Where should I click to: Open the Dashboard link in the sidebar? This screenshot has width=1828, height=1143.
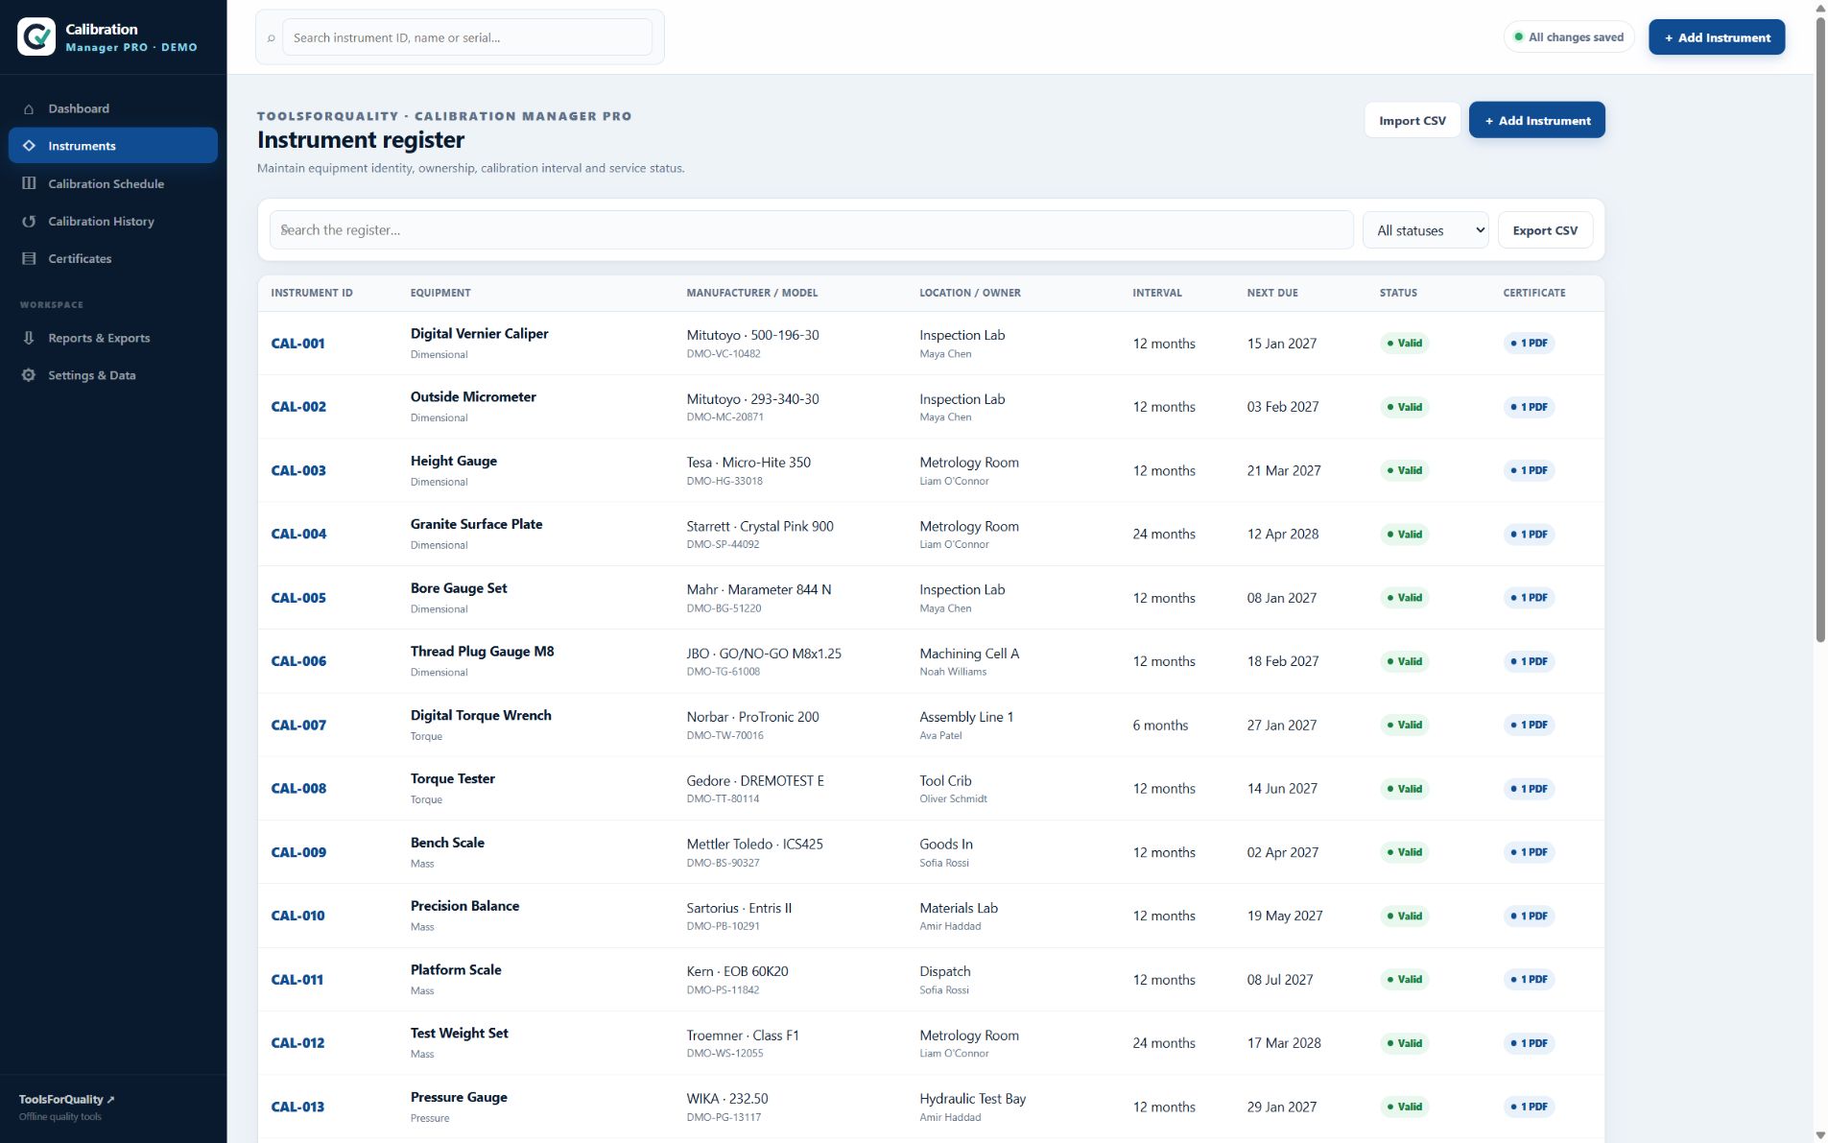pyautogui.click(x=79, y=108)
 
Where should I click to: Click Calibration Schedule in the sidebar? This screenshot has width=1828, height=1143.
pyautogui.click(x=106, y=183)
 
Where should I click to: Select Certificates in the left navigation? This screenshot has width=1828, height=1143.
pyautogui.click(x=80, y=258)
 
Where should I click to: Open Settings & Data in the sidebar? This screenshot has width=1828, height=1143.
pyautogui.click(x=91, y=375)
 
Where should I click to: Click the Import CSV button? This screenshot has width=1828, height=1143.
pyautogui.click(x=1412, y=120)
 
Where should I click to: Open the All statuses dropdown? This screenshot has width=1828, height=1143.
pyautogui.click(x=1425, y=230)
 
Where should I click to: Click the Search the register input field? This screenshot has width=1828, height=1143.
pyautogui.click(x=811, y=230)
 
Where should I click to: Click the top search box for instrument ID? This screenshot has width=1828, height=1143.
pyautogui.click(x=467, y=37)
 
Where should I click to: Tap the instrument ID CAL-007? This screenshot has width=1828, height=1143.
pyautogui.click(x=298, y=725)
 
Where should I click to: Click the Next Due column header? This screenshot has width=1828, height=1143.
pyautogui.click(x=1272, y=293)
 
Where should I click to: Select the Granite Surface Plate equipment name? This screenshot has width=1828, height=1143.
pyautogui.click(x=476, y=524)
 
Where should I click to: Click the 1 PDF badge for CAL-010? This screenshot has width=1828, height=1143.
pyautogui.click(x=1529, y=916)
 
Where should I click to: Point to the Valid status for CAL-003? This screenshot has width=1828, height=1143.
pyautogui.click(x=1405, y=470)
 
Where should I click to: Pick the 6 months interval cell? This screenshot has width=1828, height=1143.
pyautogui.click(x=1160, y=725)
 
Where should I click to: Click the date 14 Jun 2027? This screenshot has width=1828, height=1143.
pyautogui.click(x=1282, y=788)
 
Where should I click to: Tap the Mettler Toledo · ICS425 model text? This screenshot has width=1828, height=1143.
pyautogui.click(x=754, y=844)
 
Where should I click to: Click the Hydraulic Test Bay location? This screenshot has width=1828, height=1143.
pyautogui.click(x=972, y=1099)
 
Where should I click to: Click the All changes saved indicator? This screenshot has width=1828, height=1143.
pyautogui.click(x=1568, y=37)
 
